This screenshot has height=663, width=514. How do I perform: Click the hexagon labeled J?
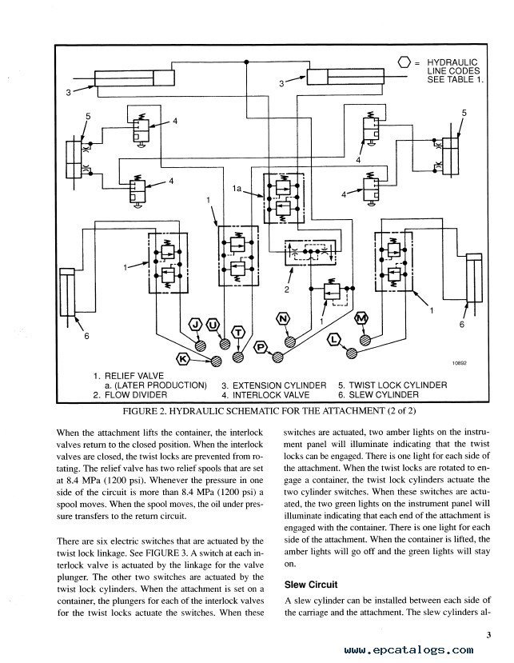point(195,325)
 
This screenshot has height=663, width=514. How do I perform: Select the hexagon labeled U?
point(213,326)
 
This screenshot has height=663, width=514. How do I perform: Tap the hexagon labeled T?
point(239,333)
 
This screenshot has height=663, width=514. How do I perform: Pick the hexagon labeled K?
point(183,359)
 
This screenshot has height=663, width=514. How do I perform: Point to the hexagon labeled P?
point(261,348)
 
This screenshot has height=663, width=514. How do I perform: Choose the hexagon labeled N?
point(283,319)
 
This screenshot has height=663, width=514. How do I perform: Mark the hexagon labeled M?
point(361,318)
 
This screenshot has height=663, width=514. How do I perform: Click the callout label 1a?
point(237,189)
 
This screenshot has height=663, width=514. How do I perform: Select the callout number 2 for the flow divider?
point(287,290)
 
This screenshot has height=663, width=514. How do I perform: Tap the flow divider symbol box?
point(311,253)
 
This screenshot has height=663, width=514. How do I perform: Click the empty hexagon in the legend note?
point(404,62)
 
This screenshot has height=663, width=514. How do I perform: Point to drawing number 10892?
point(460,363)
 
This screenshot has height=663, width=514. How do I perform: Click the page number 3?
point(488,635)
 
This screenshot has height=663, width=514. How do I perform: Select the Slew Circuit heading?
point(311,585)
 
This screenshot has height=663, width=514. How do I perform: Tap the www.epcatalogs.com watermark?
point(408,650)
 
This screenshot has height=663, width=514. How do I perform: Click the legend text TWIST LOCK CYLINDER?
point(398,385)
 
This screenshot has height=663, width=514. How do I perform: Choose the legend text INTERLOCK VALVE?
point(271,395)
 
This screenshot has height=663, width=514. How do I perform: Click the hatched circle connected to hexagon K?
point(217,361)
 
